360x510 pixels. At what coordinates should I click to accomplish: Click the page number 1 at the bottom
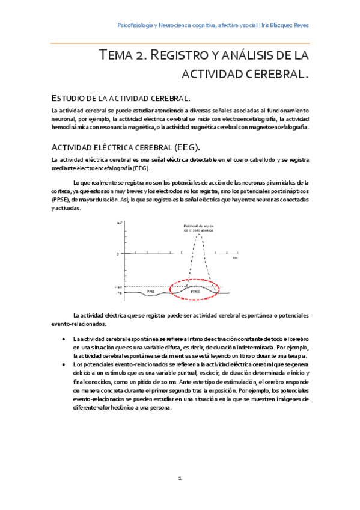[180, 478]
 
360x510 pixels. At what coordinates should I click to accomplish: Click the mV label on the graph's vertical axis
[119, 223]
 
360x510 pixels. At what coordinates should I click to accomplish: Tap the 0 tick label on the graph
[118, 254]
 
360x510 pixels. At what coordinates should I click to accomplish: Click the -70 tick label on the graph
[119, 293]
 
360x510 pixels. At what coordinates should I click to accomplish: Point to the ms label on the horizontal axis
[235, 257]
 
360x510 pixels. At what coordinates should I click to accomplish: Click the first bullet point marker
[65, 339]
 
